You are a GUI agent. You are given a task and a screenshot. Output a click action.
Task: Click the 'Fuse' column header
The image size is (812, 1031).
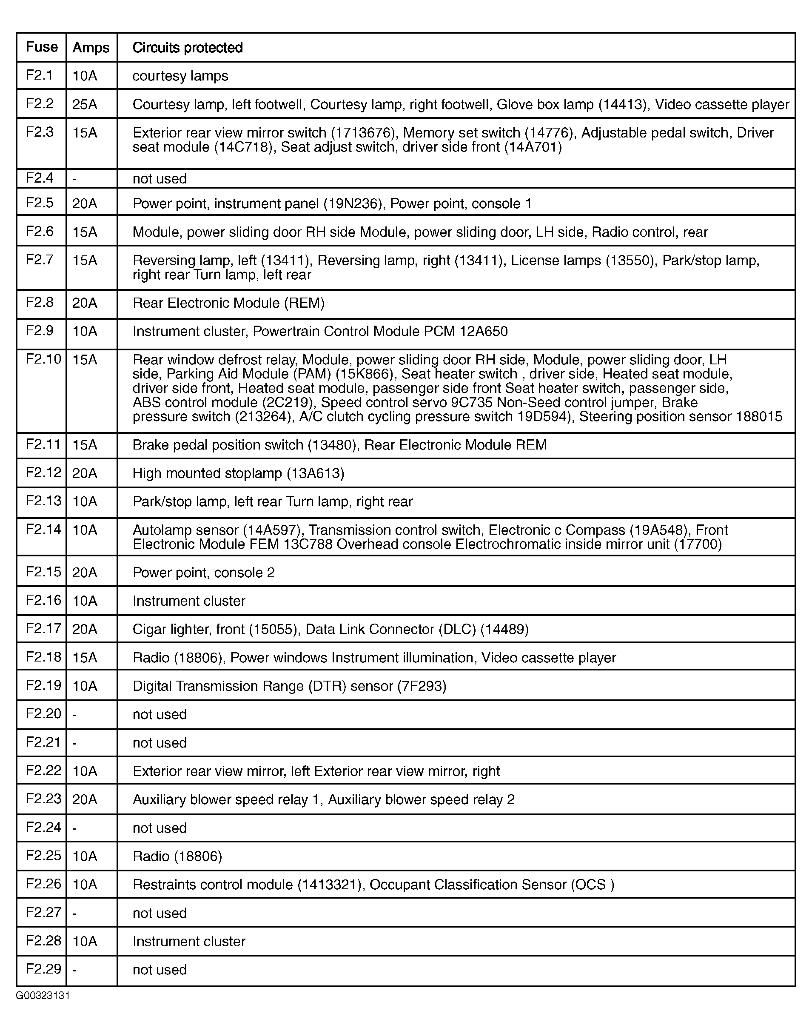pyautogui.click(x=41, y=47)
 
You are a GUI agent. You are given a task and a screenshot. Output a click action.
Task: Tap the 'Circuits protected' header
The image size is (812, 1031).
pyautogui.click(x=187, y=48)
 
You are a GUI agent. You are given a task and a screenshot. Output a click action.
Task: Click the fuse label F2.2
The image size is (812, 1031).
pyautogui.click(x=40, y=103)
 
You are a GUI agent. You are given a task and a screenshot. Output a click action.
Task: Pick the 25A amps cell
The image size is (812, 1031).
pyautogui.click(x=85, y=104)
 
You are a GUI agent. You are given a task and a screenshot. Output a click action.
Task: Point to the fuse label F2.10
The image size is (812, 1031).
pyautogui.click(x=43, y=359)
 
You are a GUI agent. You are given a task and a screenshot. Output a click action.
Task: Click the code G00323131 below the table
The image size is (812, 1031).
pyautogui.click(x=43, y=996)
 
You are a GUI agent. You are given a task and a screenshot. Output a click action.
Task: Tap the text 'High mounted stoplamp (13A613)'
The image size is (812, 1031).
pyautogui.click(x=238, y=473)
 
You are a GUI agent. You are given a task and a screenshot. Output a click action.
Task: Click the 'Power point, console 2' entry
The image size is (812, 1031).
pyautogui.click(x=203, y=573)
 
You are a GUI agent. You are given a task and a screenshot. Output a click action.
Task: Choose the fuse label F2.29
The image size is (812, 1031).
pyautogui.click(x=43, y=969)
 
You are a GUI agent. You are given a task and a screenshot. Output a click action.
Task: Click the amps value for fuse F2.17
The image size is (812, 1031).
pyautogui.click(x=85, y=629)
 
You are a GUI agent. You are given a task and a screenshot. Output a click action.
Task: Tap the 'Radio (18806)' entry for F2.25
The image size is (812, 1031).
pyautogui.click(x=177, y=856)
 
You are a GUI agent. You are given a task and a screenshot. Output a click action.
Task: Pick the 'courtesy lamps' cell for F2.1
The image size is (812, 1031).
pyautogui.click(x=180, y=76)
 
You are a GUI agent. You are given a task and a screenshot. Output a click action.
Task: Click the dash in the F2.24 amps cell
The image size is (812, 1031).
pyautogui.click(x=74, y=828)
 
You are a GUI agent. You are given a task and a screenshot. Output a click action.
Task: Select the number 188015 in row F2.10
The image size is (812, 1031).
pyautogui.click(x=759, y=417)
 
